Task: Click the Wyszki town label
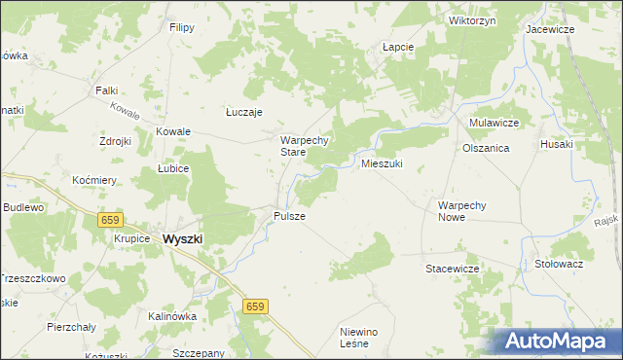pos(183,238)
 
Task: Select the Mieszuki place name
pos(382,163)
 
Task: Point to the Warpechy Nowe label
pos(468,211)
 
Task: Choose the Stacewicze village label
pos(453,268)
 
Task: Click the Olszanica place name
pos(487,148)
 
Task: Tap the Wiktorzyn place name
pos(473,19)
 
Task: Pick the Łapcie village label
pos(398,47)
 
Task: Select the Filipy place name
pos(181,28)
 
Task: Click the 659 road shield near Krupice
pos(111,221)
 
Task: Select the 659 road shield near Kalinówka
pos(253,307)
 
